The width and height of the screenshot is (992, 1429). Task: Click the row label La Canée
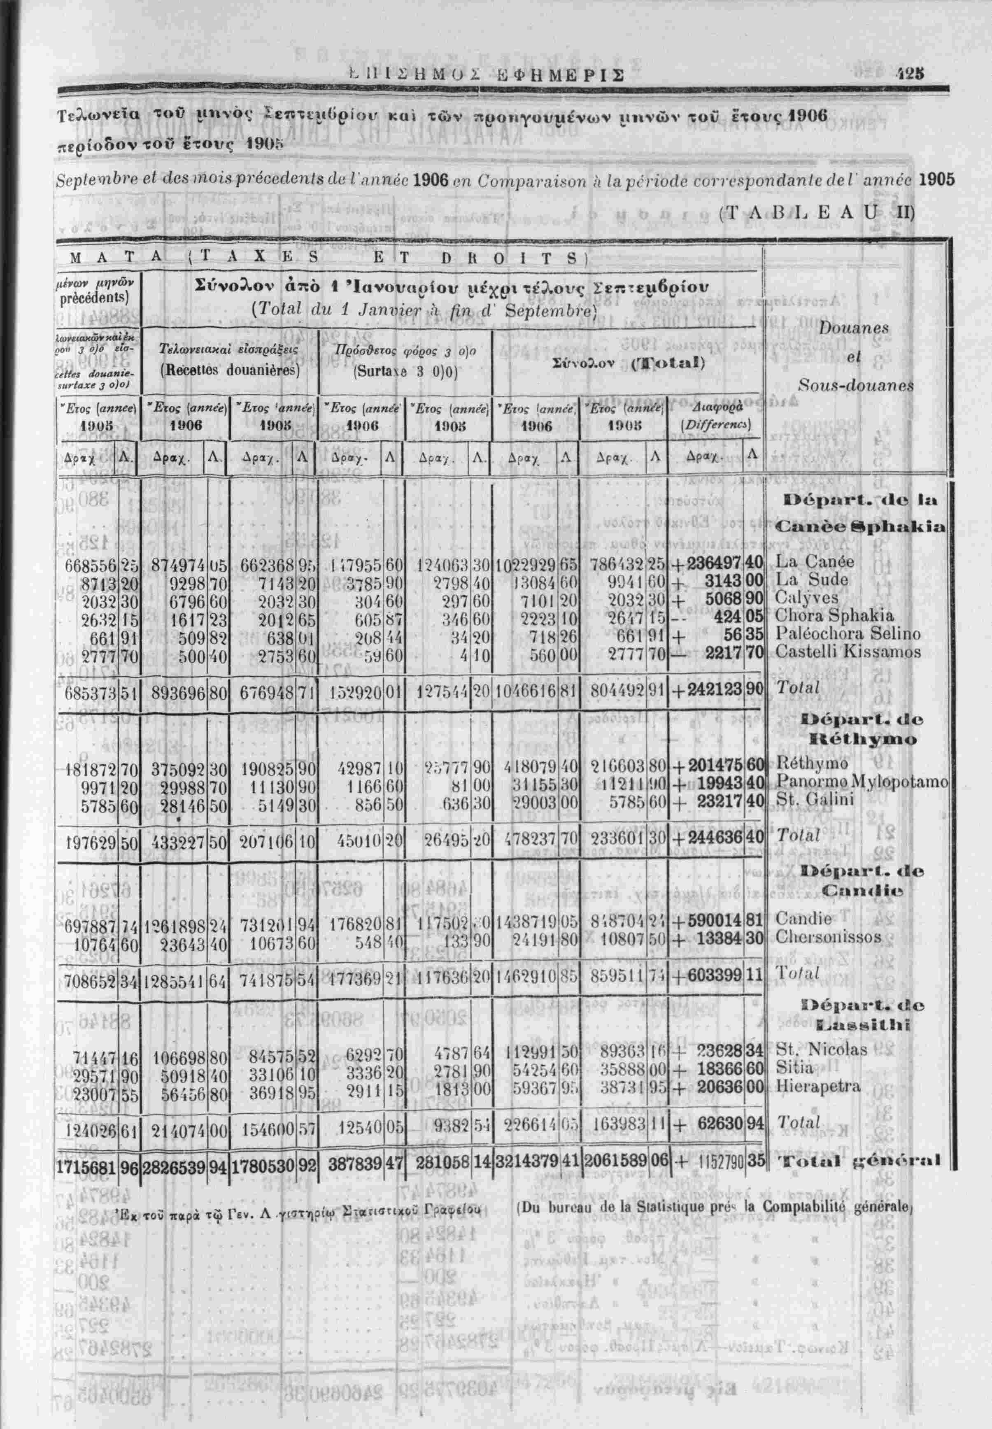tap(806, 562)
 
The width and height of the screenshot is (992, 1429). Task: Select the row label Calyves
tap(806, 598)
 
